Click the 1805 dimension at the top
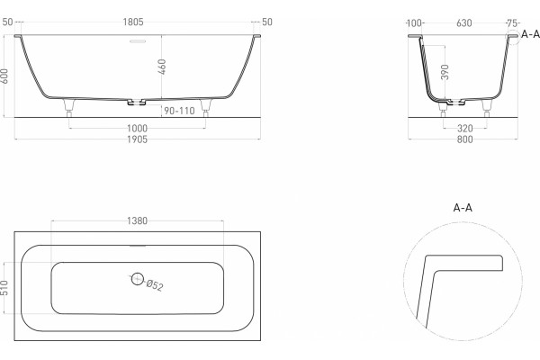coord(133,22)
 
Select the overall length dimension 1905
coord(137,139)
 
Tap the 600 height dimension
coord(4,76)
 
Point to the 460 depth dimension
coord(162,67)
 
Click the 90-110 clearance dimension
coord(179,111)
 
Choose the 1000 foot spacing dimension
coord(137,129)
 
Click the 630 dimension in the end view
coord(463,23)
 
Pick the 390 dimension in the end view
coord(445,72)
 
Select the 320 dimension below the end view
coord(465,129)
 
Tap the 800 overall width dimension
coord(464,139)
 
